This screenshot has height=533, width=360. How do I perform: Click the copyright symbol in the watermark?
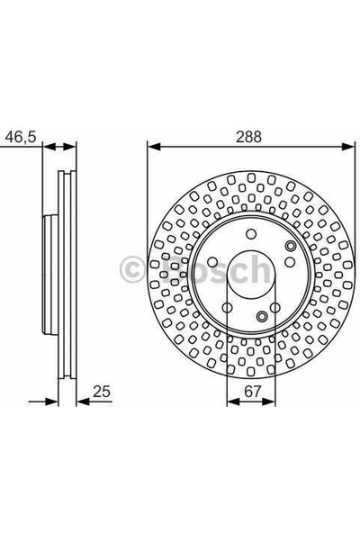[x=132, y=267]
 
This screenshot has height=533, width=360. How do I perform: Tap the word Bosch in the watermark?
[x=216, y=266]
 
